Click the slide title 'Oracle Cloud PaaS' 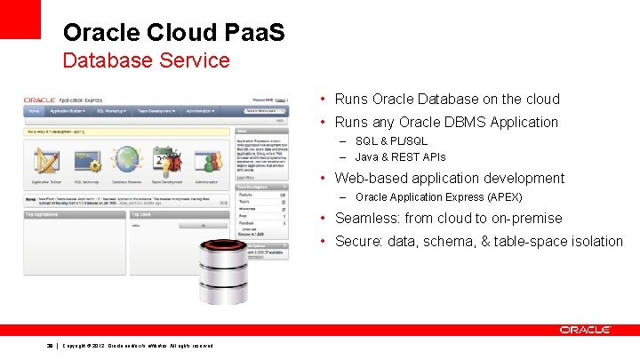(x=174, y=33)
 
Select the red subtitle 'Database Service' (x=146, y=61)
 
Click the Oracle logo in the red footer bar (x=585, y=330)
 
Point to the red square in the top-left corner (x=20, y=19)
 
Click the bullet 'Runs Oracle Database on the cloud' (x=447, y=100)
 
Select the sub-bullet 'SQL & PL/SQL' (x=391, y=141)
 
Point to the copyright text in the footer (x=138, y=345)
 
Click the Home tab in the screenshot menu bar (x=35, y=112)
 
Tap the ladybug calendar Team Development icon (x=165, y=162)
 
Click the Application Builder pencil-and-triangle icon (x=44, y=162)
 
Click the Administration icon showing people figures (x=205, y=162)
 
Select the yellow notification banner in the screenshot (x=124, y=131)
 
